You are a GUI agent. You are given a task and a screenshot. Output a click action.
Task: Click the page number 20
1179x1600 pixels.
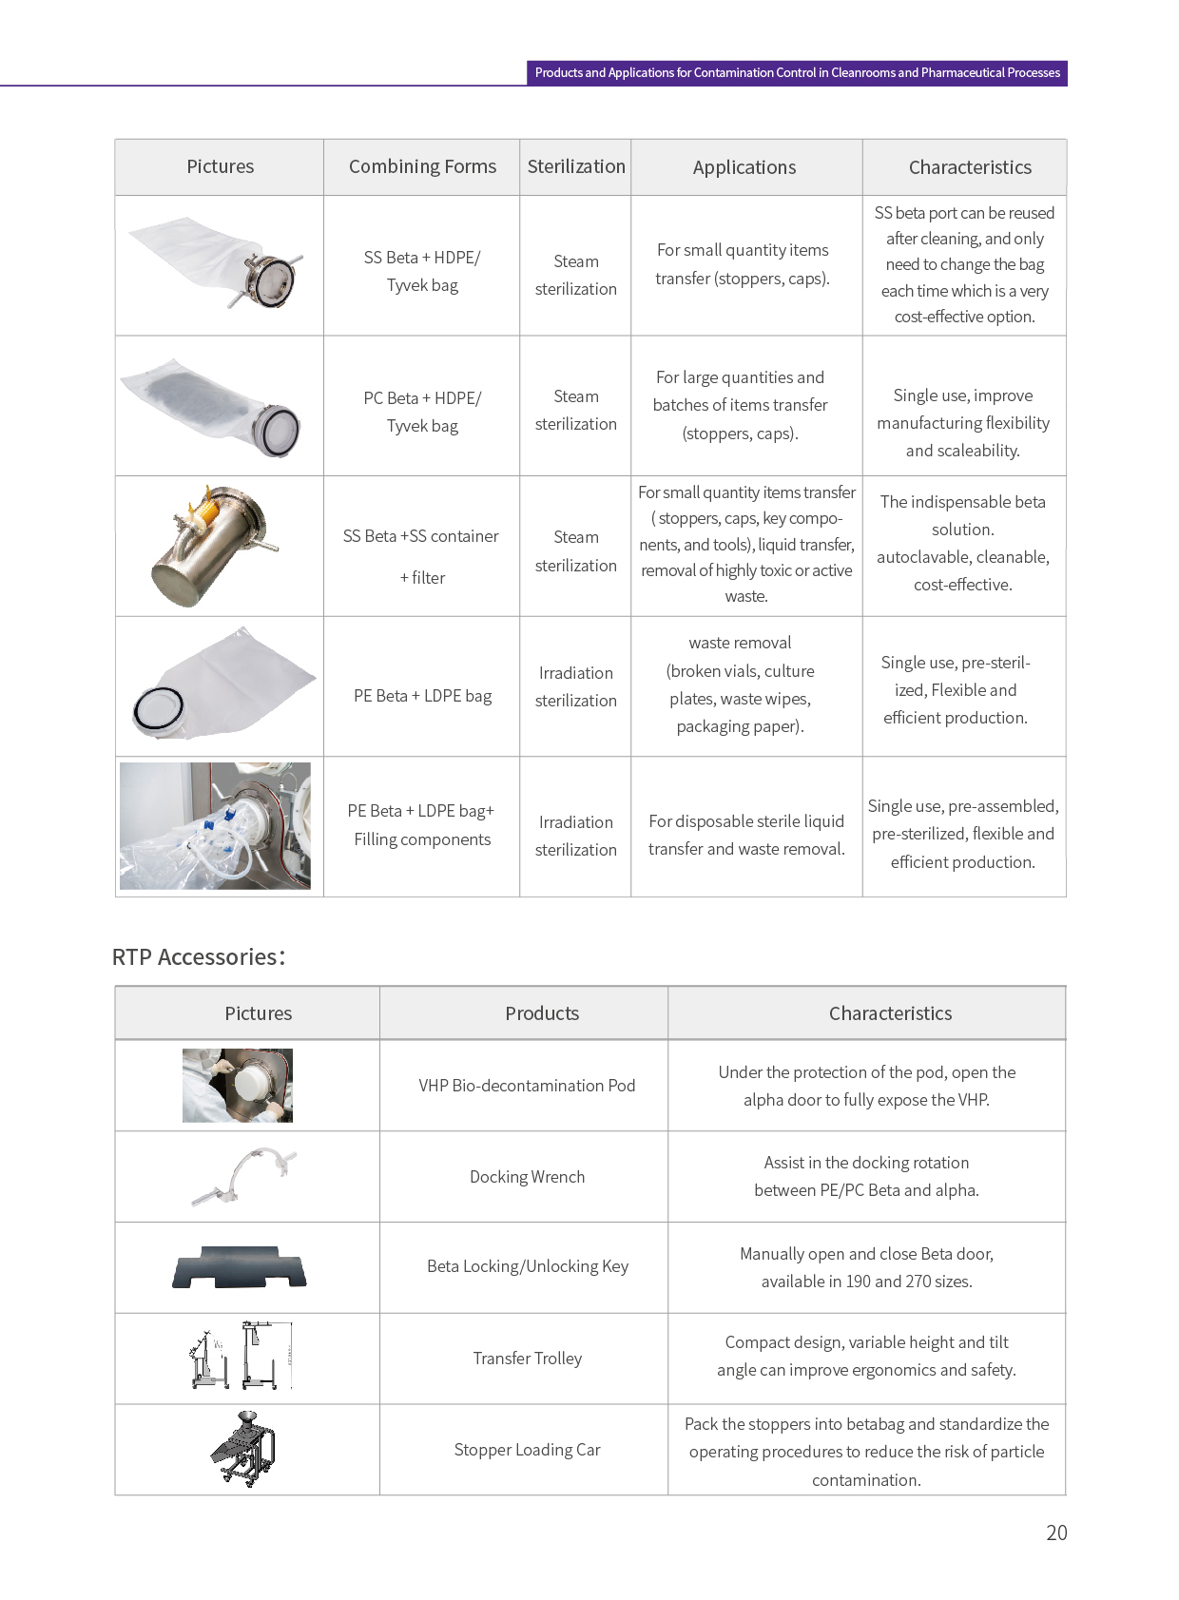point(1056,1533)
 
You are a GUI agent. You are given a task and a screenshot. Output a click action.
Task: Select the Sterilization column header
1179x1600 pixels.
point(576,166)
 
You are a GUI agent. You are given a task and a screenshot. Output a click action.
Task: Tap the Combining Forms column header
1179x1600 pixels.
point(422,166)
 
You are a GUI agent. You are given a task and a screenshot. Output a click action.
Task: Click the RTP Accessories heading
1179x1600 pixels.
point(198,956)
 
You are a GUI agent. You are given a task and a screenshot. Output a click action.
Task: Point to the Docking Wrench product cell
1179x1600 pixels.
point(527,1177)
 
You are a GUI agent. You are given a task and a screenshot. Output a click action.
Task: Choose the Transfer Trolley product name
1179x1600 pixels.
point(527,1359)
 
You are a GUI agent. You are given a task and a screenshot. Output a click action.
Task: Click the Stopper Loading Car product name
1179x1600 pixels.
point(527,1450)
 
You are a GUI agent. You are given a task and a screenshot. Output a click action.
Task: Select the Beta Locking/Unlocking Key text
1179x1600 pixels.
point(527,1266)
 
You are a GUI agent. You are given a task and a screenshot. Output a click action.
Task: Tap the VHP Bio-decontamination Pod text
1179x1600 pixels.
point(527,1086)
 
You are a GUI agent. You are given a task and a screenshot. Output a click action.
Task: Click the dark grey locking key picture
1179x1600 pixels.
point(240,1268)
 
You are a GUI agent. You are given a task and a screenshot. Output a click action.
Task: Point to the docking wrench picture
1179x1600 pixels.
point(245,1176)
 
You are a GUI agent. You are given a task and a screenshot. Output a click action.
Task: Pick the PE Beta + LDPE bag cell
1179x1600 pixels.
point(422,696)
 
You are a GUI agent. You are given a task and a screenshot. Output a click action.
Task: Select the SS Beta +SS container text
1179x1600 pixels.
point(420,536)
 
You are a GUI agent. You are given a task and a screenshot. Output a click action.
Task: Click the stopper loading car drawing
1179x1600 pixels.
point(243,1449)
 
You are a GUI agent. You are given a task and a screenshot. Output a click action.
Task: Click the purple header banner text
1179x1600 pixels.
point(797,73)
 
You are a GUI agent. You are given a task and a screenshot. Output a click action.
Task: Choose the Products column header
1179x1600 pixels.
point(542,1013)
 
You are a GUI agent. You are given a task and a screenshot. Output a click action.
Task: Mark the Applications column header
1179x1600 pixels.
point(744,167)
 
